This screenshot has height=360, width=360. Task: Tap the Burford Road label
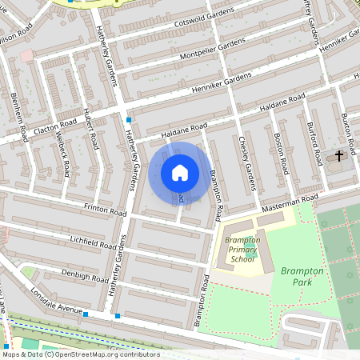[x=314, y=142]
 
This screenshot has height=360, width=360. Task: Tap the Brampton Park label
[x=302, y=276]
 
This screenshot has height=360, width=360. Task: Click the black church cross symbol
[x=338, y=154]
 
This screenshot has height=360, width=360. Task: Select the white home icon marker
[x=180, y=172]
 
